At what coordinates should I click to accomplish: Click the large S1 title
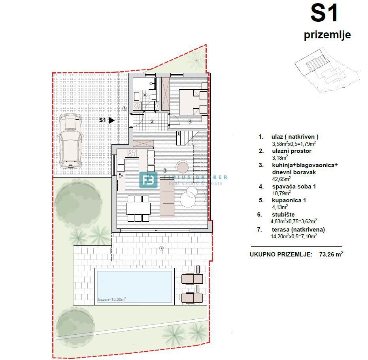pyautogui.click(x=324, y=13)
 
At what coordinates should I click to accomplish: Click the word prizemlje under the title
pyautogui.click(x=327, y=35)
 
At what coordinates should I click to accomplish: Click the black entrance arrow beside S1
pyautogui.click(x=111, y=120)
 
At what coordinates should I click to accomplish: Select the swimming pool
pyautogui.click(x=134, y=286)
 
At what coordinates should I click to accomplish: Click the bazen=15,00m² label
pyautogui.click(x=112, y=300)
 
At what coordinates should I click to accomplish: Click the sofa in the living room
pyautogui.click(x=167, y=197)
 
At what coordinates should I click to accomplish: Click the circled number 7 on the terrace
pyautogui.click(x=161, y=248)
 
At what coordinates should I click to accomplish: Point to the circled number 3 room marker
pyautogui.click(x=165, y=170)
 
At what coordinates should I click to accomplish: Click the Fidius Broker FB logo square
pyautogui.click(x=148, y=180)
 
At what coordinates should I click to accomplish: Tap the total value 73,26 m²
pyautogui.click(x=331, y=254)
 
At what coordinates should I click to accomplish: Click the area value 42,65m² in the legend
pyautogui.click(x=281, y=179)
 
